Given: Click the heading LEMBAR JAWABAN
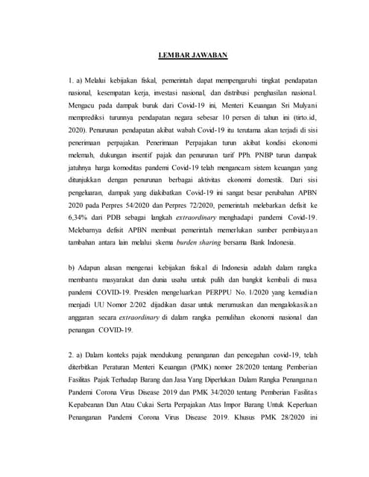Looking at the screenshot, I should (192, 54).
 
